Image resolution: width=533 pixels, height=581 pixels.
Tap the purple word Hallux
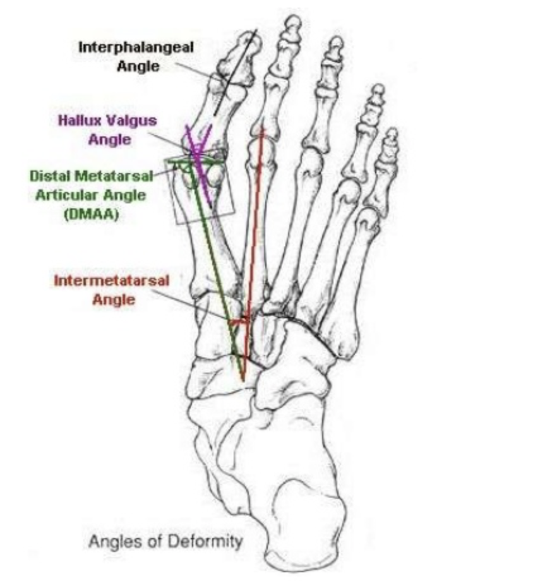pos(80,120)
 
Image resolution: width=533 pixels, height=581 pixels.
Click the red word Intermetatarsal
pos(111,280)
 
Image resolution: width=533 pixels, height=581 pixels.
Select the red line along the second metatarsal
pos(255,240)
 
